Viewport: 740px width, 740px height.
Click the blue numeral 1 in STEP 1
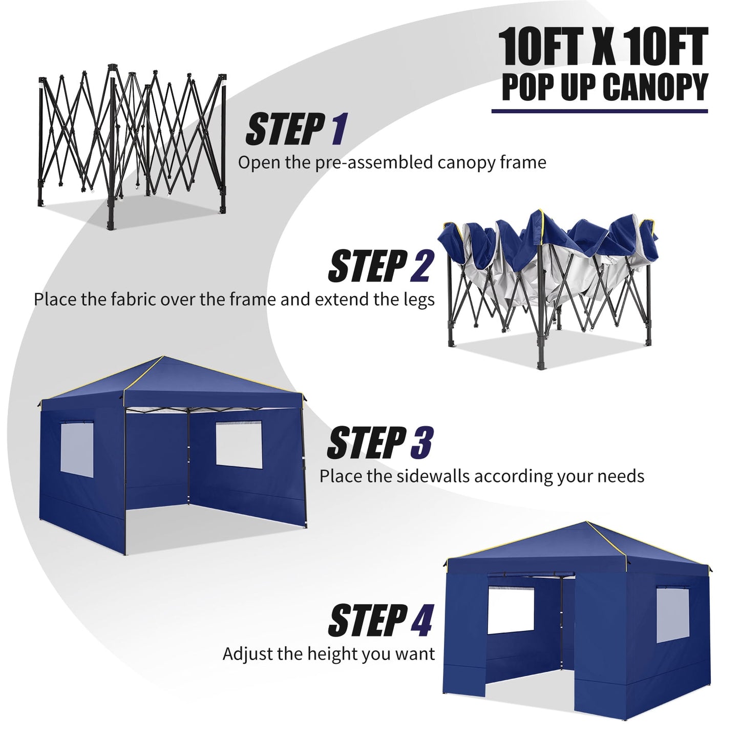[x=338, y=130]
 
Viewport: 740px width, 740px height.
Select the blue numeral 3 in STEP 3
[x=421, y=443]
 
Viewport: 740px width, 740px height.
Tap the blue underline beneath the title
[x=599, y=111]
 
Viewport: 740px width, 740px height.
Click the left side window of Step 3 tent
[x=77, y=448]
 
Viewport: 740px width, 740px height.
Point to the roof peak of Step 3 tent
[x=163, y=357]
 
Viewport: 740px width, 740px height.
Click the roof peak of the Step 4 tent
[x=586, y=522]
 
